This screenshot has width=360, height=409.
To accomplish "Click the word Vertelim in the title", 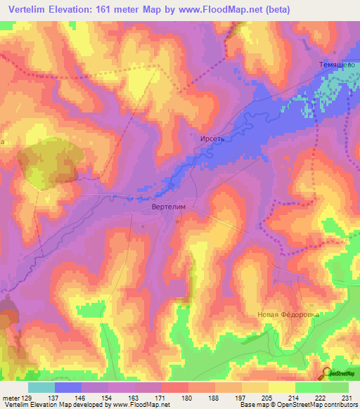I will pos(31,8).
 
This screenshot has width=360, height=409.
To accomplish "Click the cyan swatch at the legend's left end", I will pos(41,387).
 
